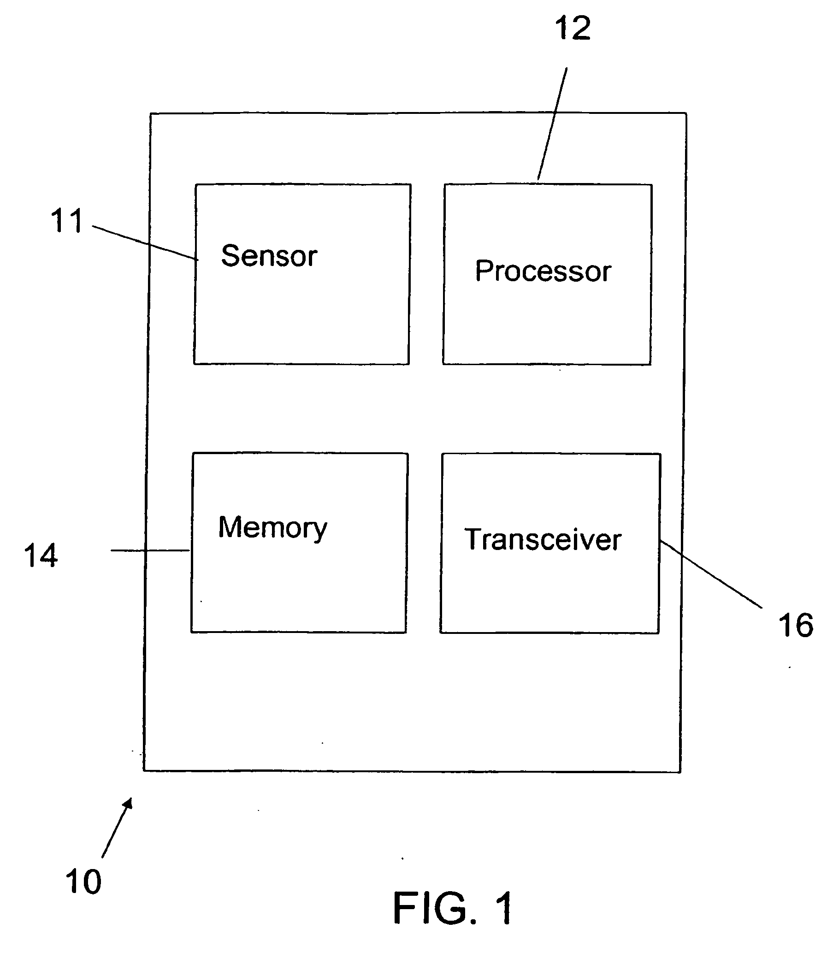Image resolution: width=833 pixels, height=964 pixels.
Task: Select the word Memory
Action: pos(272,528)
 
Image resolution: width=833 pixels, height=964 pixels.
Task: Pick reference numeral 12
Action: pos(573,28)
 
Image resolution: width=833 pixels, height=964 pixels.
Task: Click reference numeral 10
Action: pos(83,881)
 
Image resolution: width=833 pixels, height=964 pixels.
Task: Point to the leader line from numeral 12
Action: pos(553,124)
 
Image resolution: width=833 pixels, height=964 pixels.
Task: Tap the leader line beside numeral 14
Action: pos(150,550)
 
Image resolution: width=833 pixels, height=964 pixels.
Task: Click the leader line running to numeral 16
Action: pos(711,574)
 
